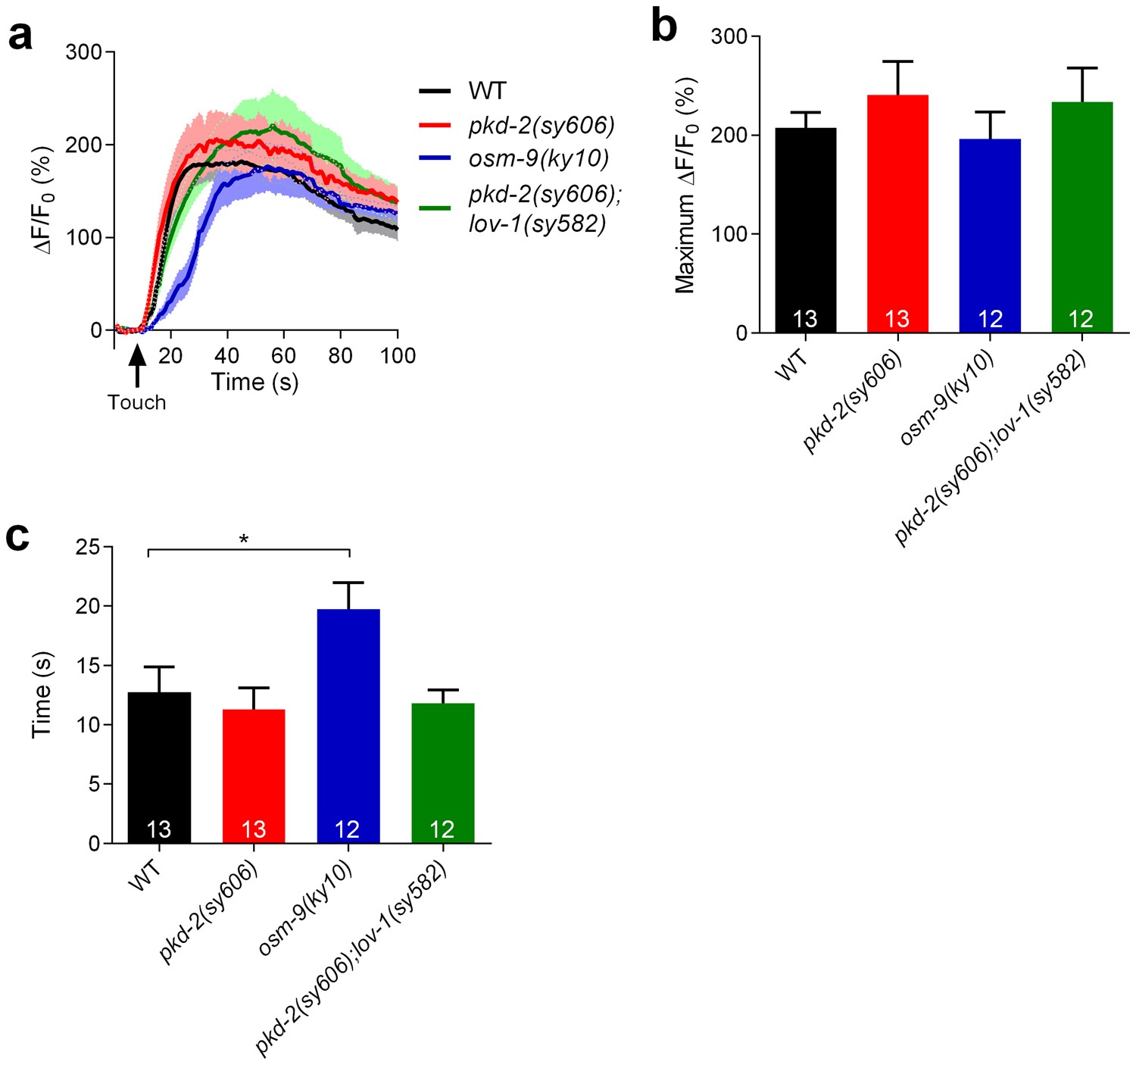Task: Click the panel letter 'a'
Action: click(20, 36)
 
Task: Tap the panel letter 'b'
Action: click(663, 28)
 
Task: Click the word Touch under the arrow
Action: click(136, 402)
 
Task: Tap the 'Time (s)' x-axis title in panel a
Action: click(254, 382)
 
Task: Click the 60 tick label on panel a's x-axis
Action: click(283, 355)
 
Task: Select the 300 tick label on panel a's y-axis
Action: click(83, 52)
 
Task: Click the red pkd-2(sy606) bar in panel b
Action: click(897, 214)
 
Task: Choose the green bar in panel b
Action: click(1081, 217)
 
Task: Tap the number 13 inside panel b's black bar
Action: click(805, 319)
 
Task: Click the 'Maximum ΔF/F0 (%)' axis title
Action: click(687, 186)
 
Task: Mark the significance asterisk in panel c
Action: click(244, 539)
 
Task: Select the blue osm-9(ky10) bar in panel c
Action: click(348, 726)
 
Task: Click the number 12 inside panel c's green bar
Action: click(442, 829)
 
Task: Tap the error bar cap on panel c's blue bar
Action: click(348, 582)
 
